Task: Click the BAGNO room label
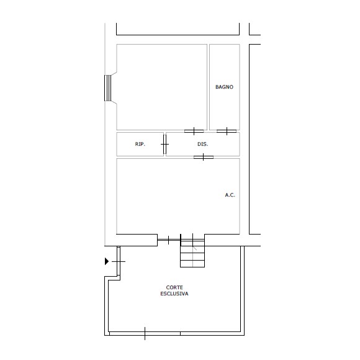(x=224, y=87)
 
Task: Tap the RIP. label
(x=140, y=144)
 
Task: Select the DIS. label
(x=203, y=144)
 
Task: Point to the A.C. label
(x=230, y=195)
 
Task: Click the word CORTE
(x=174, y=287)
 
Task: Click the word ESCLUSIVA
(x=174, y=294)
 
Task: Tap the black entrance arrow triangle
(x=107, y=261)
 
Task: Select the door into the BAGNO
(x=227, y=132)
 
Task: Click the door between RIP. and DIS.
(x=164, y=144)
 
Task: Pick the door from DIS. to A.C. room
(x=204, y=157)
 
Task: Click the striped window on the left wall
(x=107, y=88)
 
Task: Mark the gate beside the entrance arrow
(x=119, y=261)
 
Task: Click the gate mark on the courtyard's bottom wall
(x=145, y=333)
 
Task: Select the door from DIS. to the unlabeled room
(x=194, y=132)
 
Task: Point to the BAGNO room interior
(x=225, y=106)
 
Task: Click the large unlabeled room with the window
(x=162, y=88)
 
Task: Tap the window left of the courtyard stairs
(x=169, y=240)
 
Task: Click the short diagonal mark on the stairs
(x=195, y=248)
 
